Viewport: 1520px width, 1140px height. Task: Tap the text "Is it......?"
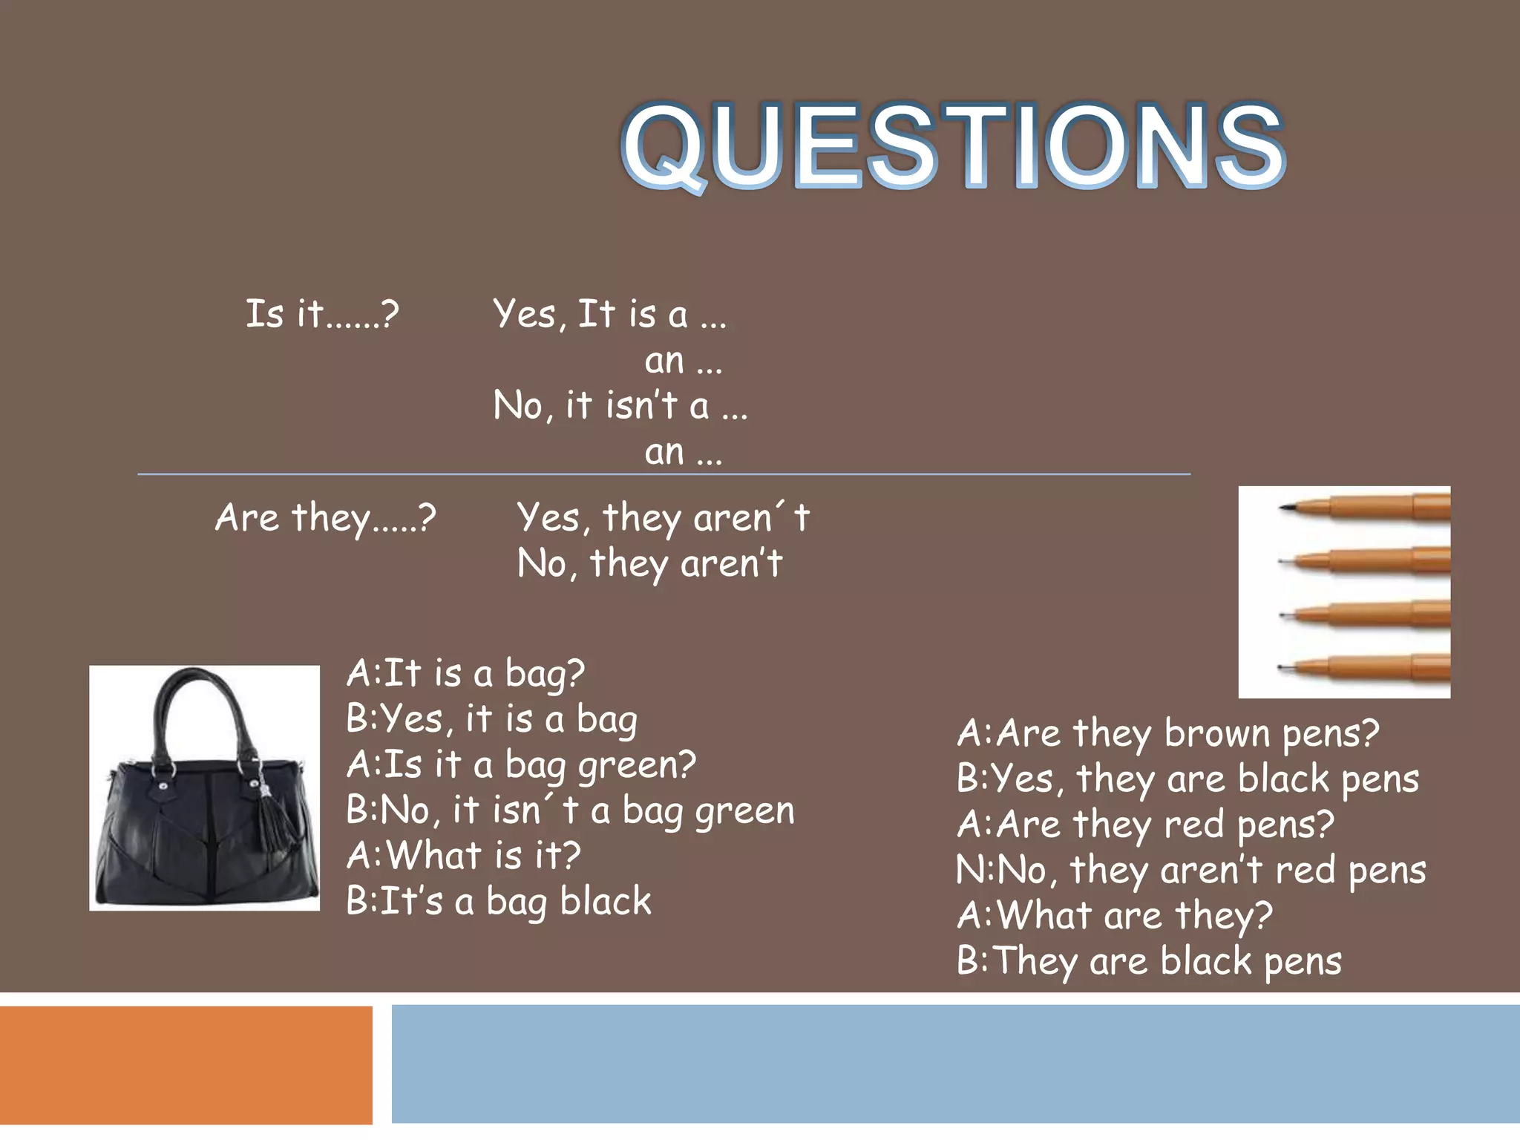pos(322,314)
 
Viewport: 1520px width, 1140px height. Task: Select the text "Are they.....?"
pos(326,517)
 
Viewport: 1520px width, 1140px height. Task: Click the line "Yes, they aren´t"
pos(663,517)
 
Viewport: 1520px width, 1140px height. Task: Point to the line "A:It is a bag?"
pos(465,673)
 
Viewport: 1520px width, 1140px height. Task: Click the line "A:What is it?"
pos(464,855)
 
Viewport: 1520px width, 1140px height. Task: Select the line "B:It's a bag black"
pos(499,901)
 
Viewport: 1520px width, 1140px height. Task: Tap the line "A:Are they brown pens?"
pos(1167,733)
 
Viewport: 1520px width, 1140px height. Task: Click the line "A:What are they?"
pos(1115,915)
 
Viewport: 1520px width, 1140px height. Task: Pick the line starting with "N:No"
pos(1190,870)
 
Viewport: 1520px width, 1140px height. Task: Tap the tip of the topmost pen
pos(1284,508)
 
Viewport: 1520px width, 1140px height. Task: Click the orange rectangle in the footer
pos(186,1065)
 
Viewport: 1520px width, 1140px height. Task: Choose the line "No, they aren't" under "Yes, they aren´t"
pos(649,563)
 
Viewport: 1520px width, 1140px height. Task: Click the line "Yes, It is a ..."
pos(609,314)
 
